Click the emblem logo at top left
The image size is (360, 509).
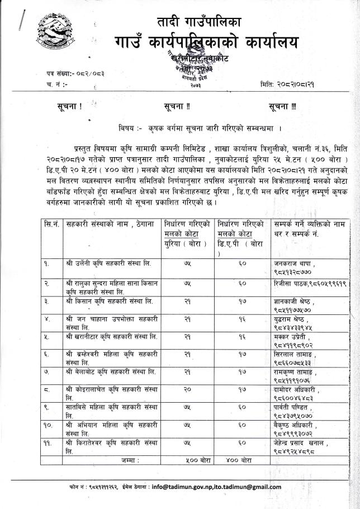click(51, 35)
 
